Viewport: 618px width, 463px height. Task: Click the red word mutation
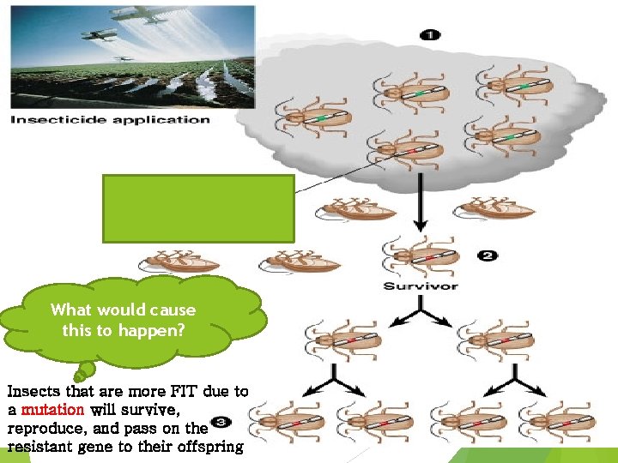click(x=51, y=410)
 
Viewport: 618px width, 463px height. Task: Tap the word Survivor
click(x=421, y=286)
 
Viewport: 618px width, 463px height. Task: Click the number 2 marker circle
click(x=488, y=256)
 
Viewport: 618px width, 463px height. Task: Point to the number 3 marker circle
click(x=219, y=424)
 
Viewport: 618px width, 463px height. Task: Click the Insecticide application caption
click(x=109, y=119)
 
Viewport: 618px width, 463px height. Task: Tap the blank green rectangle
click(x=199, y=207)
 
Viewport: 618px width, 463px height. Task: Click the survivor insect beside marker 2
click(x=421, y=256)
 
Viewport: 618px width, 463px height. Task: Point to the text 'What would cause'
click(x=123, y=310)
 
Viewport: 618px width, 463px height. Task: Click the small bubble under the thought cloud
click(x=83, y=371)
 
